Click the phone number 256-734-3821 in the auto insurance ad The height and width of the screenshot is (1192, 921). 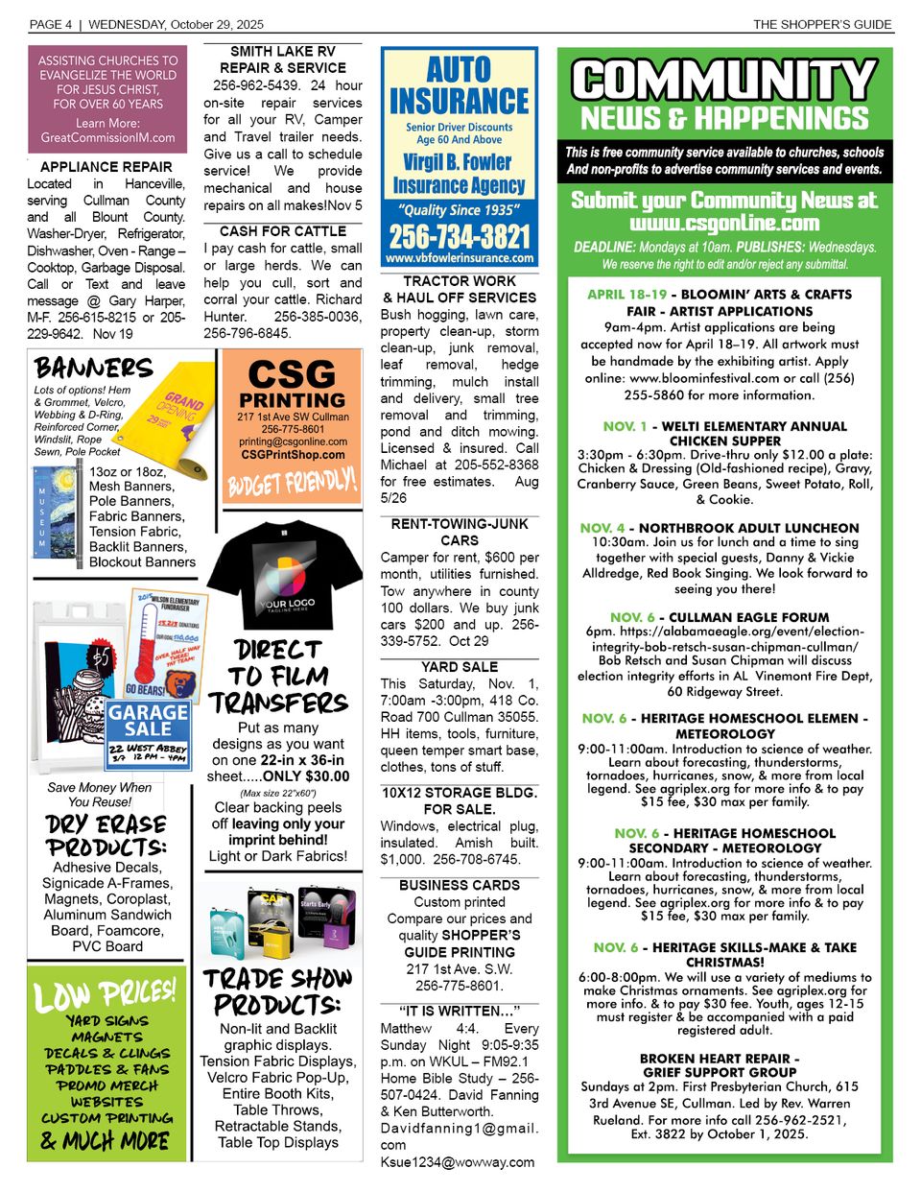pos(459,236)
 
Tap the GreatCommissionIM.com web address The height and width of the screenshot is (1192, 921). pos(107,137)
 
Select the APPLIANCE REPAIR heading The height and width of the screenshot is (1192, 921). pos(106,166)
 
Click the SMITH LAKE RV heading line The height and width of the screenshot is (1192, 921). pos(283,51)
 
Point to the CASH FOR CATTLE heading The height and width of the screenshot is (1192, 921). pos(283,231)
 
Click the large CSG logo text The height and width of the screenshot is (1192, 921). pos(292,373)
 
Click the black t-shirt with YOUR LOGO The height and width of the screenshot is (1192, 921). pos(286,576)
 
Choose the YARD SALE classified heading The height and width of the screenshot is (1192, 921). pos(460,667)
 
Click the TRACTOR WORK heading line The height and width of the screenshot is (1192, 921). pos(460,281)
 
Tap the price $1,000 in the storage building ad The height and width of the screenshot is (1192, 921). pos(400,860)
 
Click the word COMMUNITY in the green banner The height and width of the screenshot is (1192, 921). pos(724,81)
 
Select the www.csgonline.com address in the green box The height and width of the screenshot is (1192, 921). pos(724,224)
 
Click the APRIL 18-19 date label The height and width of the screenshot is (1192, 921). pos(626,295)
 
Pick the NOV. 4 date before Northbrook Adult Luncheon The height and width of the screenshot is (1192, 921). pos(602,528)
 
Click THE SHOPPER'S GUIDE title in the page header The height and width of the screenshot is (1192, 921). pos(822,24)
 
